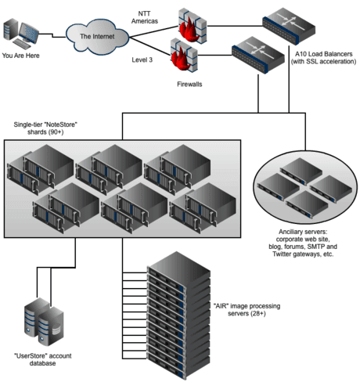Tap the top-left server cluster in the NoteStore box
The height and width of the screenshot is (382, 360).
point(40,169)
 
